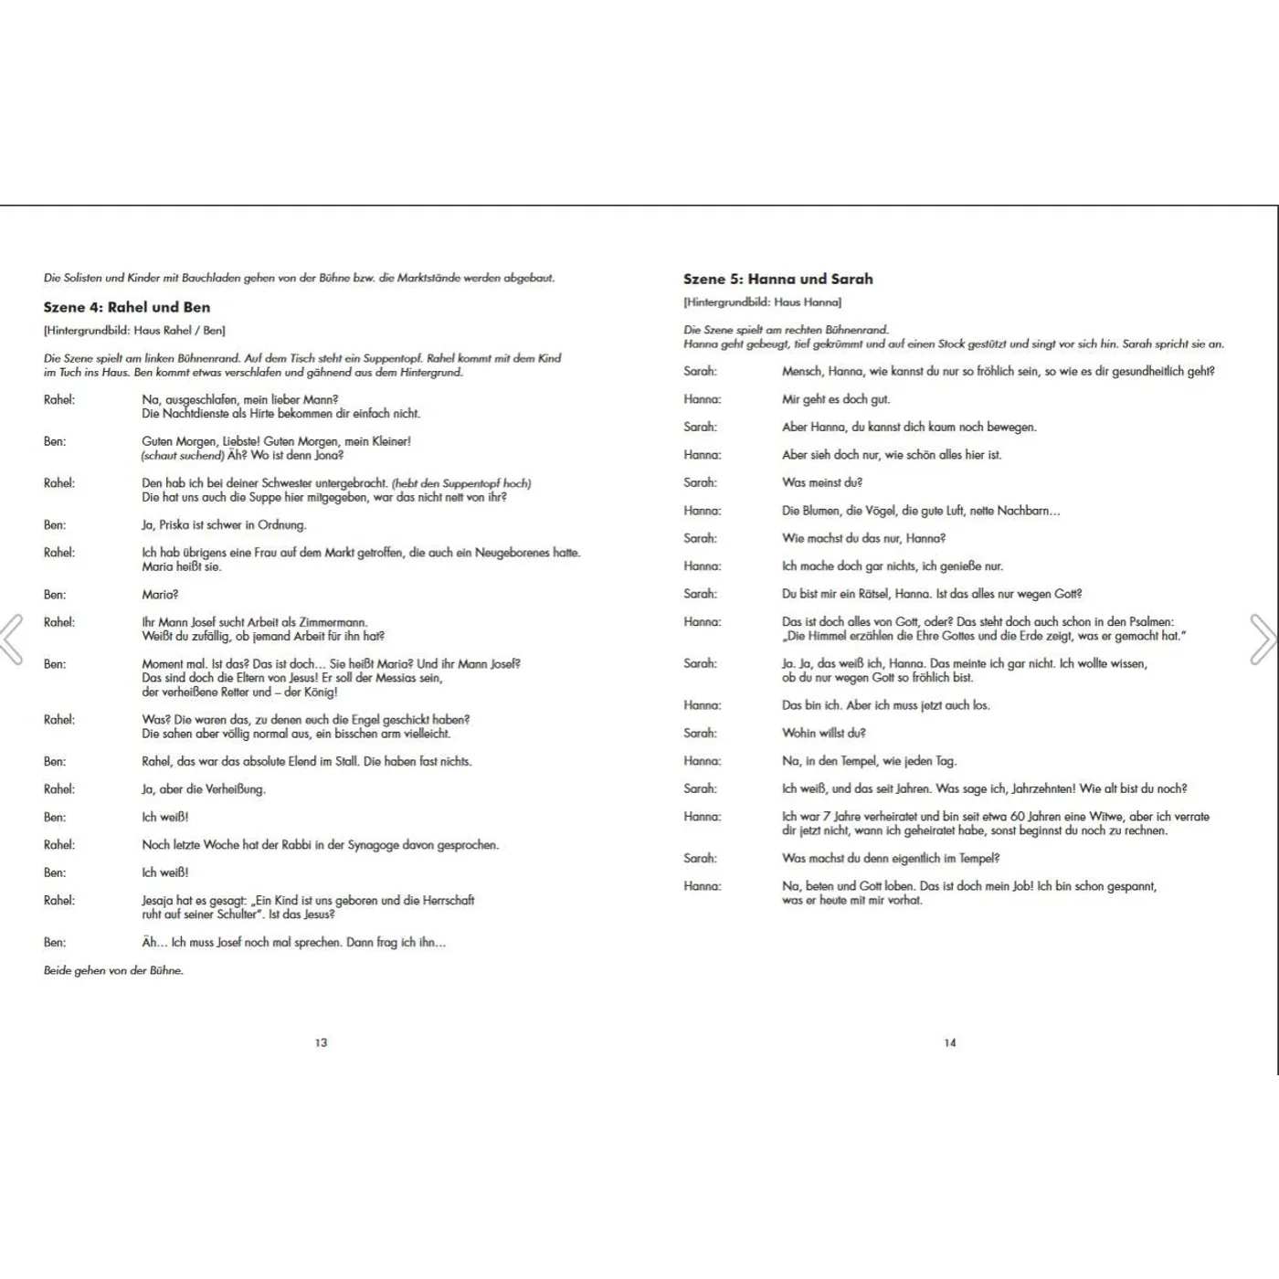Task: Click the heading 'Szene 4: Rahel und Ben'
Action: click(x=127, y=307)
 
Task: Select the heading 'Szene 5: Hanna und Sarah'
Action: click(x=777, y=279)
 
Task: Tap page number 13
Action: click(x=321, y=1042)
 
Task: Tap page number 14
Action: click(x=950, y=1042)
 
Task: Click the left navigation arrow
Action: click(x=12, y=639)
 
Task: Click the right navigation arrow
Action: click(x=1263, y=639)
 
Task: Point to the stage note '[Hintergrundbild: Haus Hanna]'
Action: click(x=762, y=302)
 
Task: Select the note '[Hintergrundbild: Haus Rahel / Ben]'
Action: click(x=134, y=331)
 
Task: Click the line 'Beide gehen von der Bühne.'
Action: click(x=113, y=970)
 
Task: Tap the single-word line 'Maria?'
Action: click(x=160, y=595)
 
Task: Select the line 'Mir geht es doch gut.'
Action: click(x=835, y=399)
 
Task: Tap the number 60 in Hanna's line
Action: click(x=1018, y=817)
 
